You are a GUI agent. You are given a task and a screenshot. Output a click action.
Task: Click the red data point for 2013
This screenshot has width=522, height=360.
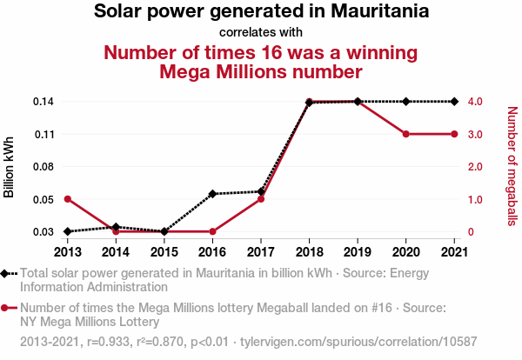coord(67,199)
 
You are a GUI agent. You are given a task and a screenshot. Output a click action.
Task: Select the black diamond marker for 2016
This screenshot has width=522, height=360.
coord(212,194)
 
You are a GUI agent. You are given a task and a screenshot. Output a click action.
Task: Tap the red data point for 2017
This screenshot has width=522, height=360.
coord(261,199)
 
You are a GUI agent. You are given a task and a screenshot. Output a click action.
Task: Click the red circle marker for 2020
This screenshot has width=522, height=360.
coord(406,134)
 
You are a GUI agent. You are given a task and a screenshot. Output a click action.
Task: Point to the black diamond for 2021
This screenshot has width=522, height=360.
coord(454,102)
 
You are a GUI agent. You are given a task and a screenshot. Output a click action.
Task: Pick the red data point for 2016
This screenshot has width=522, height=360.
coord(212,231)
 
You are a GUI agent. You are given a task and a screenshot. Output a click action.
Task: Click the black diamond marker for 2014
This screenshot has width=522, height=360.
coord(116,226)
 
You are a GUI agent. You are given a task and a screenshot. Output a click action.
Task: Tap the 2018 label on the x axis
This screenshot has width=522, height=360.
coord(309,252)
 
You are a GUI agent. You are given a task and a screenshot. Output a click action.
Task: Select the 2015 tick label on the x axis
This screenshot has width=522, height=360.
coord(164,252)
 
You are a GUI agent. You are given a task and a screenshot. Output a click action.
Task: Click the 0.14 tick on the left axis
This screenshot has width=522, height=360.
coord(43,102)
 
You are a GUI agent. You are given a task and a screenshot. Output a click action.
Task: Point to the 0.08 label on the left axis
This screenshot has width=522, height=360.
coord(43,166)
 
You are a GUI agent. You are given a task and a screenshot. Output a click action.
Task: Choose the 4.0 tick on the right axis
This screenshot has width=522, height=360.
coord(477,102)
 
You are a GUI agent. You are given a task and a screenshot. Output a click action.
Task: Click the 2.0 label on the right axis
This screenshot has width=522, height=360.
coord(477,166)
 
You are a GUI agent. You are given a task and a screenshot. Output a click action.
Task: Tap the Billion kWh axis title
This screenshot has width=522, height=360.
coord(10,166)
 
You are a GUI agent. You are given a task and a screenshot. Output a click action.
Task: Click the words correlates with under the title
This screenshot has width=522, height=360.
coord(261,33)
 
